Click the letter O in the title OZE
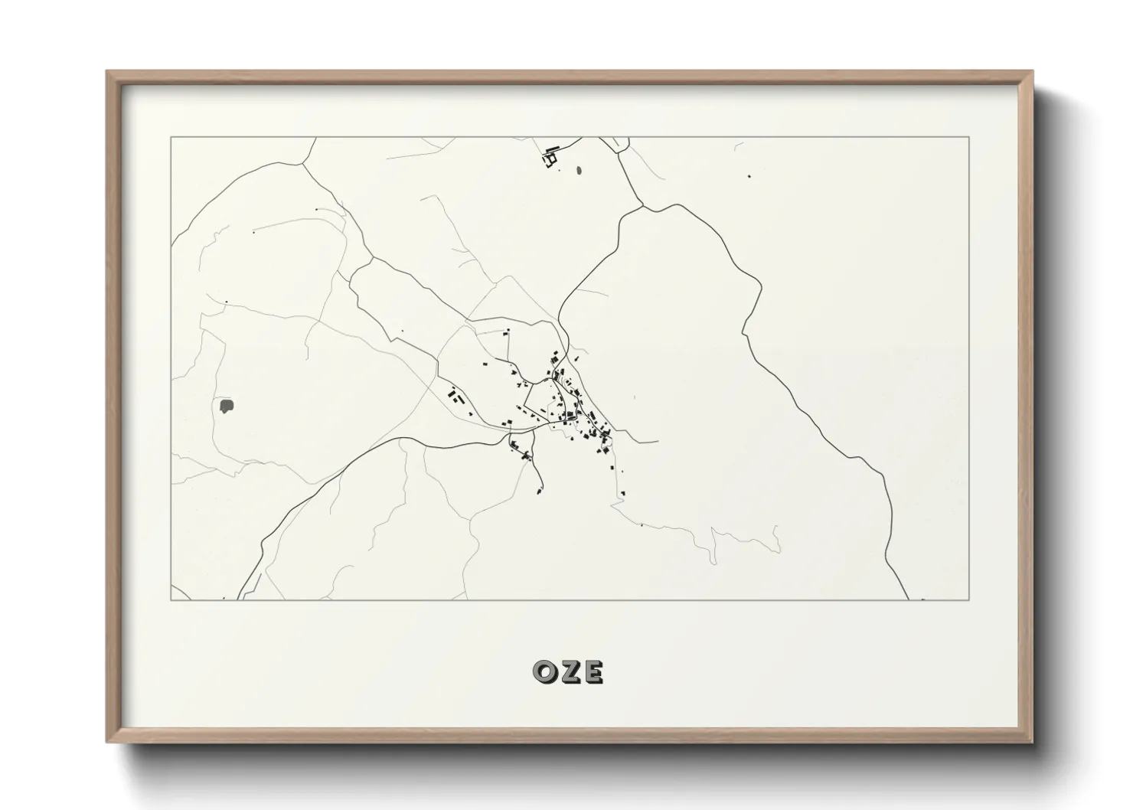click(x=545, y=671)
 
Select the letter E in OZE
click(x=593, y=671)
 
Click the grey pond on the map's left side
click(x=227, y=406)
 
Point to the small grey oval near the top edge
click(x=579, y=171)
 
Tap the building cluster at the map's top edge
click(x=550, y=158)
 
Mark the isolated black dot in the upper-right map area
click(x=749, y=177)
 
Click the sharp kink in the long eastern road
click(x=744, y=332)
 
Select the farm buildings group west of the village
click(x=455, y=397)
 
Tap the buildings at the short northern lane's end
click(x=506, y=331)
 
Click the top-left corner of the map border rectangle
click(x=171, y=137)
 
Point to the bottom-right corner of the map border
click(x=969, y=599)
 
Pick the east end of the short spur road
click(x=658, y=443)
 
